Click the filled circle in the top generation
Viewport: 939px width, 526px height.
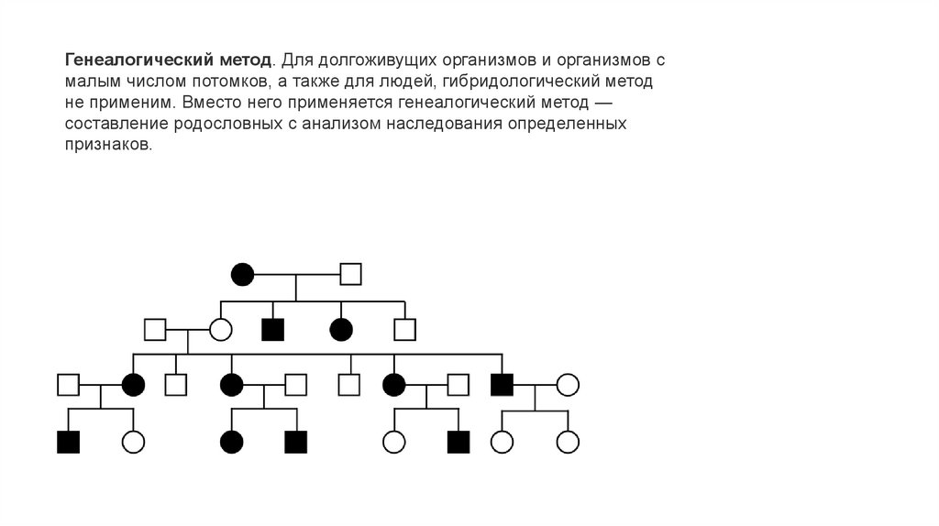[x=242, y=273]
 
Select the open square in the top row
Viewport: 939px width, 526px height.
[x=351, y=273]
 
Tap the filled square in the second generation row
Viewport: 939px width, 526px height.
[x=271, y=328]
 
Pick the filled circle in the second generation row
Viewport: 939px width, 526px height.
[x=340, y=328]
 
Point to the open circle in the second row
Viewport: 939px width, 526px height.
[x=220, y=328]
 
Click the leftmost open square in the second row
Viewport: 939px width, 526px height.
[x=155, y=328]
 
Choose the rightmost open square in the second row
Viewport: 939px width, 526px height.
[x=405, y=328]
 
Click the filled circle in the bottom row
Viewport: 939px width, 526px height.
[x=231, y=443]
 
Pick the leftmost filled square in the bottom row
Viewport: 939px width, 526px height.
[x=68, y=443]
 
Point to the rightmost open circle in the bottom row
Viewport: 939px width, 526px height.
[x=568, y=443]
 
